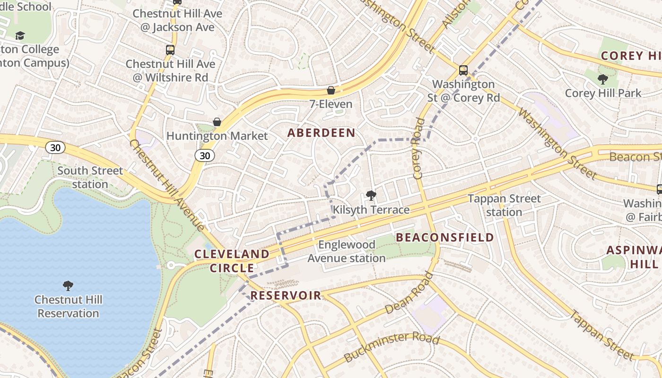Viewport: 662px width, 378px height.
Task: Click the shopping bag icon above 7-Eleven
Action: pos(331,90)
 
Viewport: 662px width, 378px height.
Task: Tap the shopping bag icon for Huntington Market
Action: pos(217,122)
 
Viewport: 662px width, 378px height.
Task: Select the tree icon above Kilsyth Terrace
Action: pos(371,195)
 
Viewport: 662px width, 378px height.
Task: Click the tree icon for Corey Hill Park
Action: pos(602,79)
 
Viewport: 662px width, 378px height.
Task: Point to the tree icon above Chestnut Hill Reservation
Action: pos(68,285)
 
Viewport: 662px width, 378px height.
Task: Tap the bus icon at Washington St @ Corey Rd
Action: pos(463,70)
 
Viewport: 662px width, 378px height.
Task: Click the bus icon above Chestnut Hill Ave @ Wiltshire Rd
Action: pos(170,50)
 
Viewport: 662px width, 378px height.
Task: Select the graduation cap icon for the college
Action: pos(20,35)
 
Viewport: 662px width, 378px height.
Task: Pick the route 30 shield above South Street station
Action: pos(56,147)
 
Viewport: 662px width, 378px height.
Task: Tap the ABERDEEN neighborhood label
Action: pos(322,133)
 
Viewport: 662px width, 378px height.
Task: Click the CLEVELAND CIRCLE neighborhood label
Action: pos(232,261)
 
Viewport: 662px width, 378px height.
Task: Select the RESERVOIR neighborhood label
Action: pos(286,296)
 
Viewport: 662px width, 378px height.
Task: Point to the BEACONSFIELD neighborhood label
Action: pos(445,237)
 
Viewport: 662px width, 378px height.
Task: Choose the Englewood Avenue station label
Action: pos(347,251)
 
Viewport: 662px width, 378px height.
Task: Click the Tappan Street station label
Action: pos(504,206)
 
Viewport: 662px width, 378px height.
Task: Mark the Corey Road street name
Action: pos(418,148)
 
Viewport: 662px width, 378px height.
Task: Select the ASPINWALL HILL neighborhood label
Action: pos(634,257)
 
